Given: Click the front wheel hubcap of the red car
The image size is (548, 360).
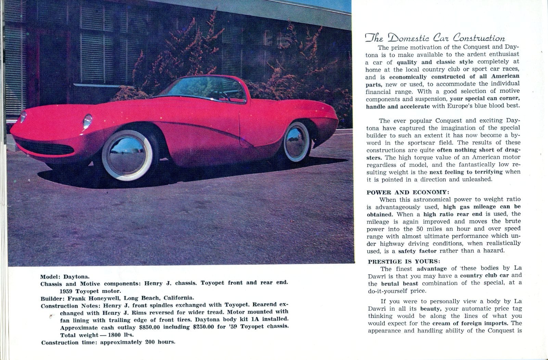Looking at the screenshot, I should [127, 154].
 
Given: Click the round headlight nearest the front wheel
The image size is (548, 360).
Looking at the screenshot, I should [88, 121].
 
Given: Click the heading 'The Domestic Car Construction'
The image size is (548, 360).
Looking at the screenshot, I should [435, 38].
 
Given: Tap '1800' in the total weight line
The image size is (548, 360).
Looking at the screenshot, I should [115, 335].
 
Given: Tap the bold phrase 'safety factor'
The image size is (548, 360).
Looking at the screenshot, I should [417, 251].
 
